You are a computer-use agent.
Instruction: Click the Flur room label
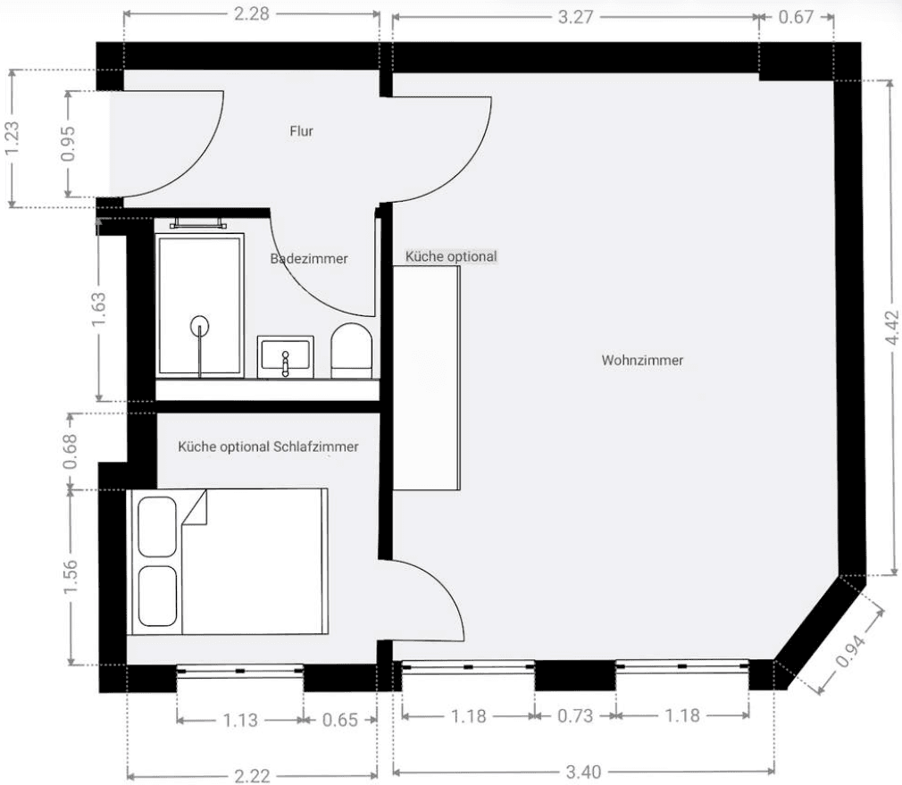301,131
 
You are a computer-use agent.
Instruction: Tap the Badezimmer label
309,258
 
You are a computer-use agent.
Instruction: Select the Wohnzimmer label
642,361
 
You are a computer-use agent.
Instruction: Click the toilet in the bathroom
351,350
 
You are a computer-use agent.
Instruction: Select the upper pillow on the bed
158,523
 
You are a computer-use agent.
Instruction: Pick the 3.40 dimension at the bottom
583,772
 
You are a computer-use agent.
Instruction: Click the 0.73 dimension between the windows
575,716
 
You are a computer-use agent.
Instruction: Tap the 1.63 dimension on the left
100,308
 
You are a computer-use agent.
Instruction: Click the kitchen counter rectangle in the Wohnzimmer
427,379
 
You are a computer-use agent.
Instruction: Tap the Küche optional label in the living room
450,256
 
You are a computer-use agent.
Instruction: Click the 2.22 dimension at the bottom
252,775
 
